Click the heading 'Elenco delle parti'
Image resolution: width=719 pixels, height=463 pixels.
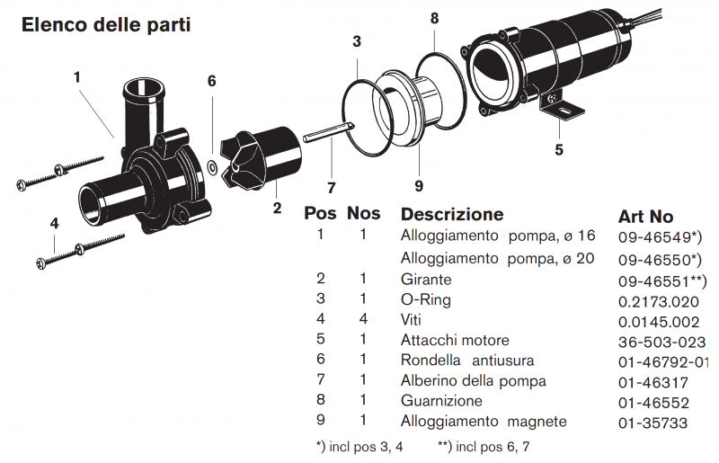(x=105, y=24)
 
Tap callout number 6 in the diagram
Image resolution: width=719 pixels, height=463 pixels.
(x=212, y=81)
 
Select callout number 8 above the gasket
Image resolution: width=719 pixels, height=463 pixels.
(x=434, y=17)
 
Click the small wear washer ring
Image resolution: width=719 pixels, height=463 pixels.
(x=211, y=165)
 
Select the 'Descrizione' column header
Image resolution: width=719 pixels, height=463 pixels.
(x=451, y=215)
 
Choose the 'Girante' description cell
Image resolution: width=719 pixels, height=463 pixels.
(x=426, y=280)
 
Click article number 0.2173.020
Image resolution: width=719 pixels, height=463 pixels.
(x=659, y=300)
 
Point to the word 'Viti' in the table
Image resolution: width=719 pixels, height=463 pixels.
(x=411, y=320)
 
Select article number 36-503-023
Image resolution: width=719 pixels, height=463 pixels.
(x=662, y=341)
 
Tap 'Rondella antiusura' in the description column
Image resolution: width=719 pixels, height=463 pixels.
(x=466, y=361)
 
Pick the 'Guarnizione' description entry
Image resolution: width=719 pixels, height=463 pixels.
(x=441, y=401)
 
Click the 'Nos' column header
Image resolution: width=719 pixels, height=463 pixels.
(x=363, y=214)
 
